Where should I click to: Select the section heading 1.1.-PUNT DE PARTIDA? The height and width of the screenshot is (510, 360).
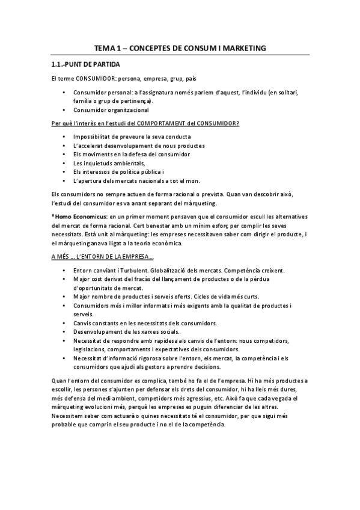pos(85,64)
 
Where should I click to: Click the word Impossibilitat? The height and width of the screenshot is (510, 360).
pos(93,137)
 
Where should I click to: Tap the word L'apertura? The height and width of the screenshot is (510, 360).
pos(87,180)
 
